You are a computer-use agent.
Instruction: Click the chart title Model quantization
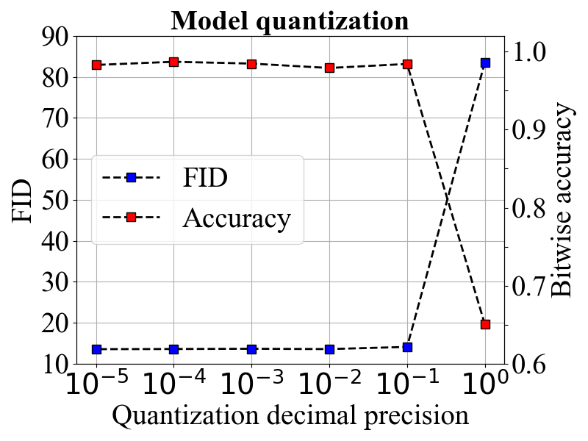[x=290, y=21]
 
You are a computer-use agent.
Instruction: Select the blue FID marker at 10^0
[x=486, y=62]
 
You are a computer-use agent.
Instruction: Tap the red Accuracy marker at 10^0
[x=486, y=324]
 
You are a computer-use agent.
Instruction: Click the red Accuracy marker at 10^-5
[x=97, y=65]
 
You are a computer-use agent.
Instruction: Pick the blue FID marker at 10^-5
[x=97, y=350]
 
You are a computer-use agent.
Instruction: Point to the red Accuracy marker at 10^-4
[x=173, y=62]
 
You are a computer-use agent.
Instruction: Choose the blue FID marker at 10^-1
[x=408, y=347]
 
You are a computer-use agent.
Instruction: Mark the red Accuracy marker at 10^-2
[x=329, y=68]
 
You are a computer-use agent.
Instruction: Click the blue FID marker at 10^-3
[x=251, y=350]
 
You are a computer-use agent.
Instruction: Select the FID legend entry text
[x=205, y=177]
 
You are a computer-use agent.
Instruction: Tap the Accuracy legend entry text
[x=237, y=218]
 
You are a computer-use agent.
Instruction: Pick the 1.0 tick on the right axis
[x=528, y=51]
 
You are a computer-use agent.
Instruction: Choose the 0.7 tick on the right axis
[x=528, y=286]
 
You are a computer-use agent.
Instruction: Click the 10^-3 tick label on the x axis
[x=252, y=382]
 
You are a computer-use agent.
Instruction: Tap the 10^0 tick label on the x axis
[x=487, y=382]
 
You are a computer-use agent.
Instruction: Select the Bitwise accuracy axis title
[x=562, y=200]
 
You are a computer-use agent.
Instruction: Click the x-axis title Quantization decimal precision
[x=290, y=416]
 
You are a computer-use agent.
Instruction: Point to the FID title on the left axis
[x=22, y=201]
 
